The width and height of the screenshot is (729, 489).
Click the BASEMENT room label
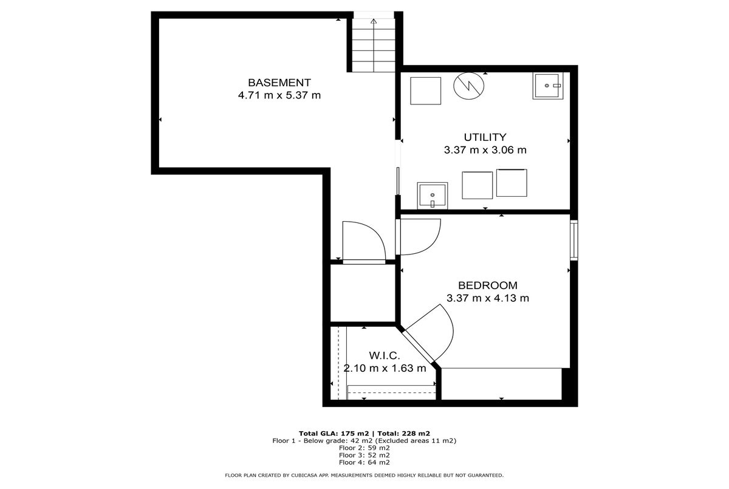(279, 83)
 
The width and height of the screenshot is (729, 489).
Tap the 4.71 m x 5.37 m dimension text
(279, 95)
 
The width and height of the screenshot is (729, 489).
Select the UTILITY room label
(485, 137)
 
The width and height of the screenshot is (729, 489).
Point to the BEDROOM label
(487, 286)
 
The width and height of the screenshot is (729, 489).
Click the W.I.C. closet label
(385, 355)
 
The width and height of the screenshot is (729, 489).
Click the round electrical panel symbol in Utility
(468, 86)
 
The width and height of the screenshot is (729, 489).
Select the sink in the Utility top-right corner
(548, 86)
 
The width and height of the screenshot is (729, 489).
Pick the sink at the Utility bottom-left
(432, 196)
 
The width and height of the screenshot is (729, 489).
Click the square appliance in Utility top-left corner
(425, 91)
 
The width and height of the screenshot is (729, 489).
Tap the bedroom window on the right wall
(573, 240)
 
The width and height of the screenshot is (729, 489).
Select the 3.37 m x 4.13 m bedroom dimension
(487, 298)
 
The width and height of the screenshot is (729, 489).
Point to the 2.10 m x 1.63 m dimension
(385, 368)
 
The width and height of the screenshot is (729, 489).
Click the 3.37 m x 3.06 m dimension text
(485, 150)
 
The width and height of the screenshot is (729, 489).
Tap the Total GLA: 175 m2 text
(334, 433)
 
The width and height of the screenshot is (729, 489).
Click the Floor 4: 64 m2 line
(364, 462)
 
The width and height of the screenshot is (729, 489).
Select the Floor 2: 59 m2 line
(364, 448)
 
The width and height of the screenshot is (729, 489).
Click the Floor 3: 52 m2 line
(364, 455)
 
